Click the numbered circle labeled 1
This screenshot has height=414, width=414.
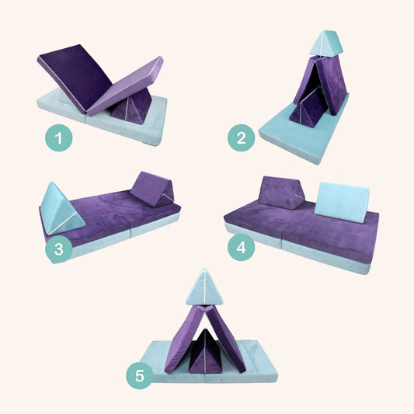click(57, 140)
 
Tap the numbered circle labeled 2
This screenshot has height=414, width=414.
click(242, 139)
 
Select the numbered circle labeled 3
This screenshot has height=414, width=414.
click(57, 249)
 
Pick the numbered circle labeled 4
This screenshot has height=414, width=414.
click(242, 248)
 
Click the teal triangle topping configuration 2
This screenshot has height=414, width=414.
click(325, 43)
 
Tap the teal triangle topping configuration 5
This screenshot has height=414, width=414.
click(204, 288)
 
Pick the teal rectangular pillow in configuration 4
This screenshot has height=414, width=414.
click(342, 201)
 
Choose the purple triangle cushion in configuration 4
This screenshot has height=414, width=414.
click(282, 193)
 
